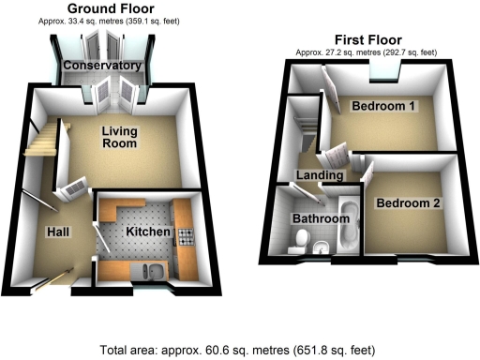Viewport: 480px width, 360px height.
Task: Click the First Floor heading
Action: pos(360,40)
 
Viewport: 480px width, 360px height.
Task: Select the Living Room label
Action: pos(119,138)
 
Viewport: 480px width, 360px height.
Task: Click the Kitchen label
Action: pos(147,231)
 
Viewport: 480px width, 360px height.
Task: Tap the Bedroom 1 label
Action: pos(384,106)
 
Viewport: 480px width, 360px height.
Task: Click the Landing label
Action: pos(318,175)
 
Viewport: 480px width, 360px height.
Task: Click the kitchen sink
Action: pos(153,272)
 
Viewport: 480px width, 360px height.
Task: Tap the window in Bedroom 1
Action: pos(382,71)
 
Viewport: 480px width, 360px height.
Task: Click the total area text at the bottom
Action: pos(239,346)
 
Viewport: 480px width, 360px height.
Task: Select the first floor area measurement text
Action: pos(360,52)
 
